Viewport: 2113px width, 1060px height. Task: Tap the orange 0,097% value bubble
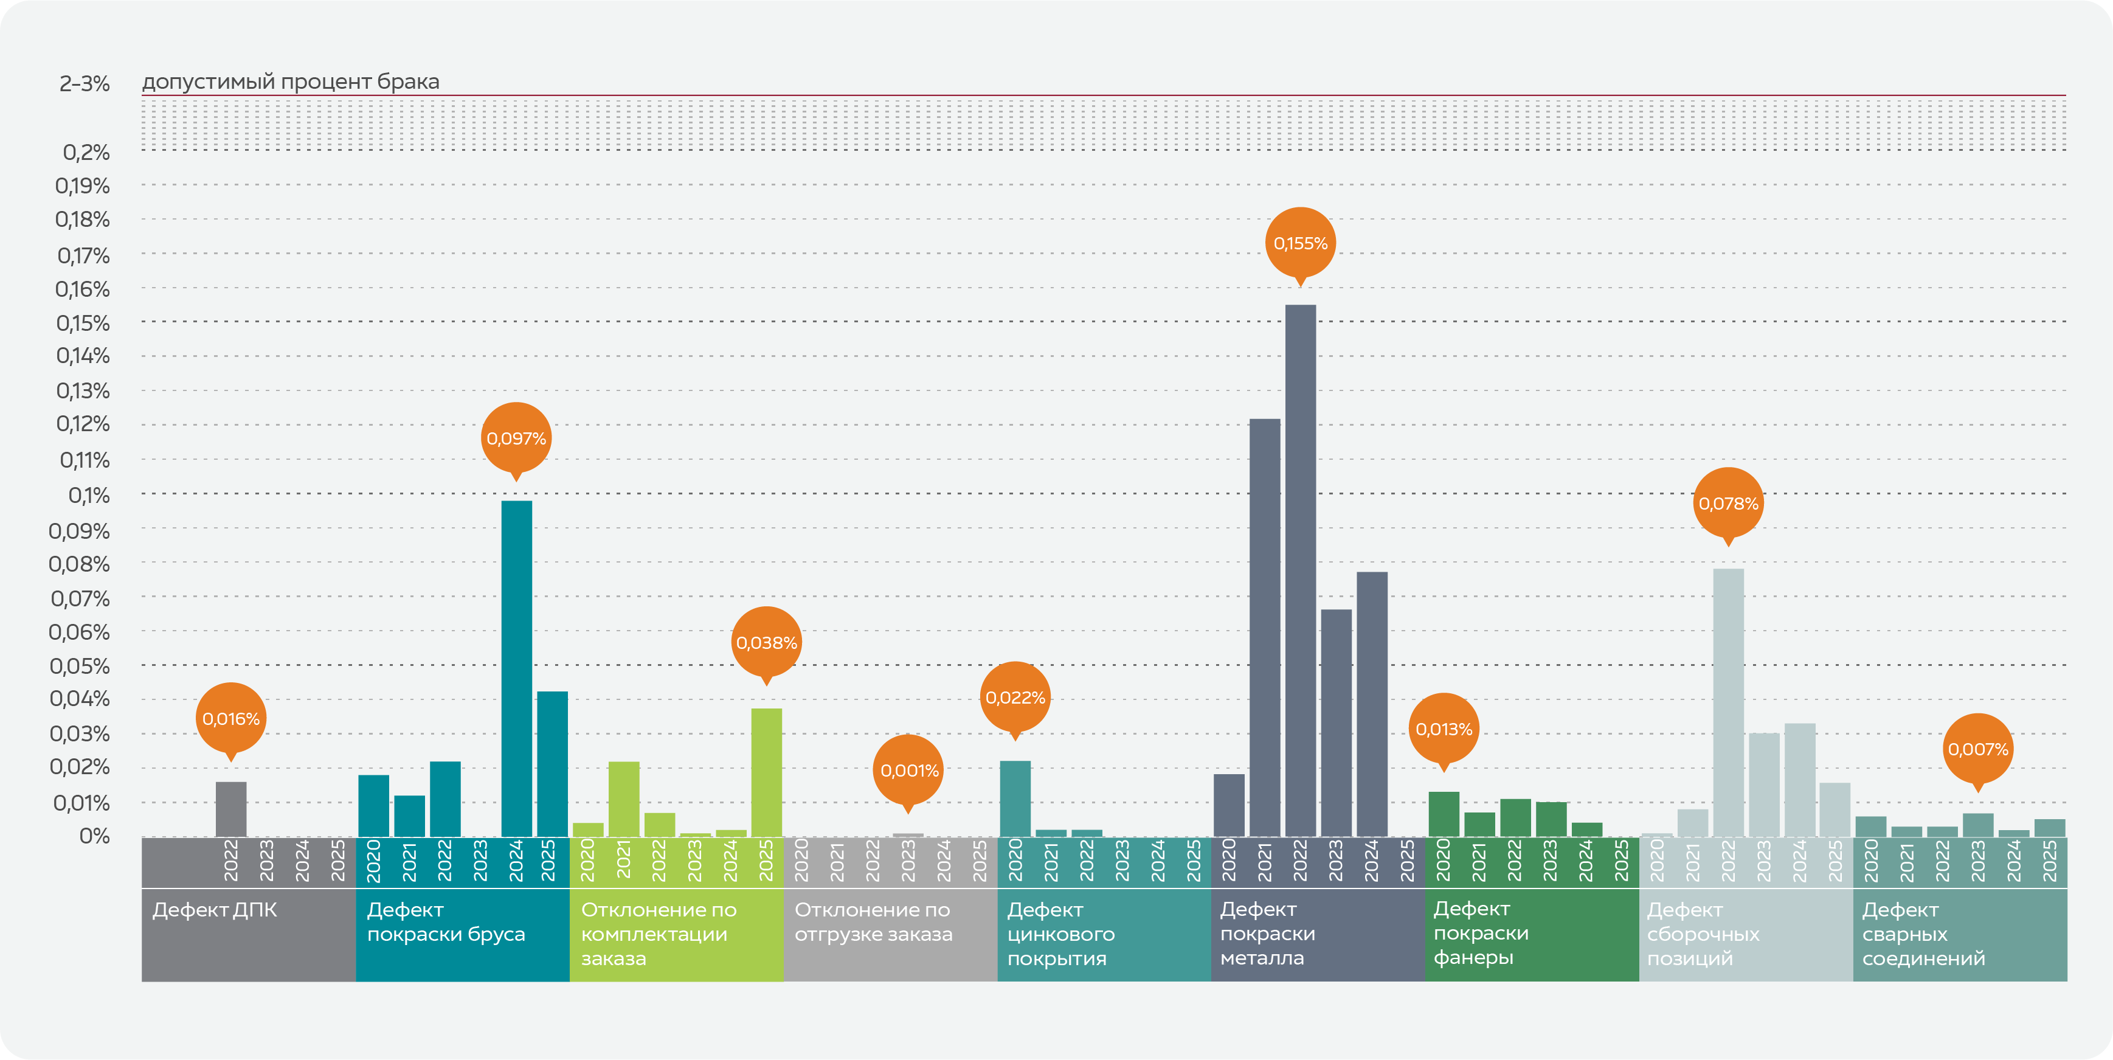pyautogui.click(x=516, y=438)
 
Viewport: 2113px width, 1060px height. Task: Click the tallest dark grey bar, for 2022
pyautogui.click(x=1300, y=570)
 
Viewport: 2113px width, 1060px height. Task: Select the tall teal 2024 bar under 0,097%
pyautogui.click(x=516, y=668)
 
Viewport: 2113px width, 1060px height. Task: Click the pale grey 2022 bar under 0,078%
pyautogui.click(x=1728, y=702)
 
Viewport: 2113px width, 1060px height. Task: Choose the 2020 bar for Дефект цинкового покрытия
pyautogui.click(x=1015, y=798)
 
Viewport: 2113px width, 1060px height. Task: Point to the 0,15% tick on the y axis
pyautogui.click(x=83, y=324)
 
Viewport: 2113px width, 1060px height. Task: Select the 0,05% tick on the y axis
pyautogui.click(x=80, y=666)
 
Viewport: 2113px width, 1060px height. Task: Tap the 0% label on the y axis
pyautogui.click(x=94, y=836)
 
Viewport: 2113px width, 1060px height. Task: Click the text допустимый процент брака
pyautogui.click(x=291, y=82)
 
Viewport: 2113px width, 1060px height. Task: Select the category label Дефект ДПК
pyautogui.click(x=215, y=910)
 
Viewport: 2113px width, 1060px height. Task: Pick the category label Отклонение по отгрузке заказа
pyautogui.click(x=873, y=921)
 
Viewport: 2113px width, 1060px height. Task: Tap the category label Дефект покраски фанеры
pyautogui.click(x=1481, y=933)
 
